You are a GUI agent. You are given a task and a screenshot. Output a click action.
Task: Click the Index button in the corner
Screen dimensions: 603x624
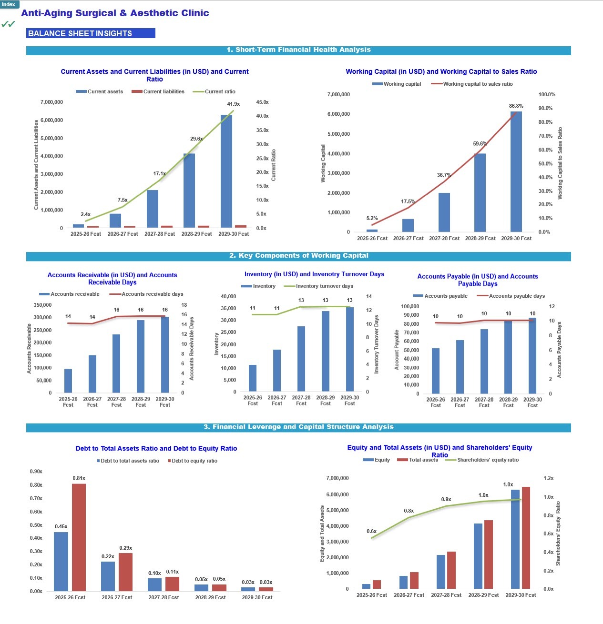[9, 4]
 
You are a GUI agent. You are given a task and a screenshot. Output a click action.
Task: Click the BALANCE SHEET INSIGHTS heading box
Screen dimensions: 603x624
[91, 33]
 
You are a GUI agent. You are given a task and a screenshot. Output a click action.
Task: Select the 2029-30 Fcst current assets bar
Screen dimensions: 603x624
[226, 171]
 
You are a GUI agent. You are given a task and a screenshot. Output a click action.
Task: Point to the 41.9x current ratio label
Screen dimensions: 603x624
[233, 104]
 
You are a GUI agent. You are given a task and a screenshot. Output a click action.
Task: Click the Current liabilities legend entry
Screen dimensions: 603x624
[158, 92]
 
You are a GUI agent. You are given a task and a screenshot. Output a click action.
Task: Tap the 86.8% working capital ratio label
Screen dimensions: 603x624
[516, 106]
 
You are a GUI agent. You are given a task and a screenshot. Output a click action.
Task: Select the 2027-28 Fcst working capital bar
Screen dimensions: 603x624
[444, 212]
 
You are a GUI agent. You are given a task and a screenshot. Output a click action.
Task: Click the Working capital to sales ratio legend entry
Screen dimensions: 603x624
[472, 84]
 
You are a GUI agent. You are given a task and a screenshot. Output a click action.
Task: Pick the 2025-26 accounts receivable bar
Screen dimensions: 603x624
[68, 381]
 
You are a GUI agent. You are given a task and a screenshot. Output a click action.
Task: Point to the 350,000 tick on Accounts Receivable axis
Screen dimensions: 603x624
[43, 305]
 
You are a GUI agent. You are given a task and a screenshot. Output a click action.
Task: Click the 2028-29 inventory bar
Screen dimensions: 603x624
[326, 351]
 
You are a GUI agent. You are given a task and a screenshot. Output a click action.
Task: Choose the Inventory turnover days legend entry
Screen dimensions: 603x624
[318, 286]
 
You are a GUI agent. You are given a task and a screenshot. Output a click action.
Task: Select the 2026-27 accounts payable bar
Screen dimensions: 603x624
[460, 367]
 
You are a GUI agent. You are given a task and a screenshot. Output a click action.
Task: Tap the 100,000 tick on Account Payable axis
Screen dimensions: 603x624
[410, 307]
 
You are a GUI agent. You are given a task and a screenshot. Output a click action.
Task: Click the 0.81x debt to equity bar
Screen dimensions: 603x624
[79, 537]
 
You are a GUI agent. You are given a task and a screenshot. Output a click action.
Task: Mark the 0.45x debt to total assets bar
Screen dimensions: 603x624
[61, 562]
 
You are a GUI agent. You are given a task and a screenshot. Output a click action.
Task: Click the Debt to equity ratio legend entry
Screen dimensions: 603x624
[193, 461]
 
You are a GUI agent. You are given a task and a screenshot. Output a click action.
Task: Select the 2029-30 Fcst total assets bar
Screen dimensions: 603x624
[526, 538]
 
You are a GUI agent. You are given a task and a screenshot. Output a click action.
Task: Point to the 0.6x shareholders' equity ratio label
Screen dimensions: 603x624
[372, 531]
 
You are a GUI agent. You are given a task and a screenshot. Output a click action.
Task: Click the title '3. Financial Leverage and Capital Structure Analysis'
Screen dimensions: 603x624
[298, 427]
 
